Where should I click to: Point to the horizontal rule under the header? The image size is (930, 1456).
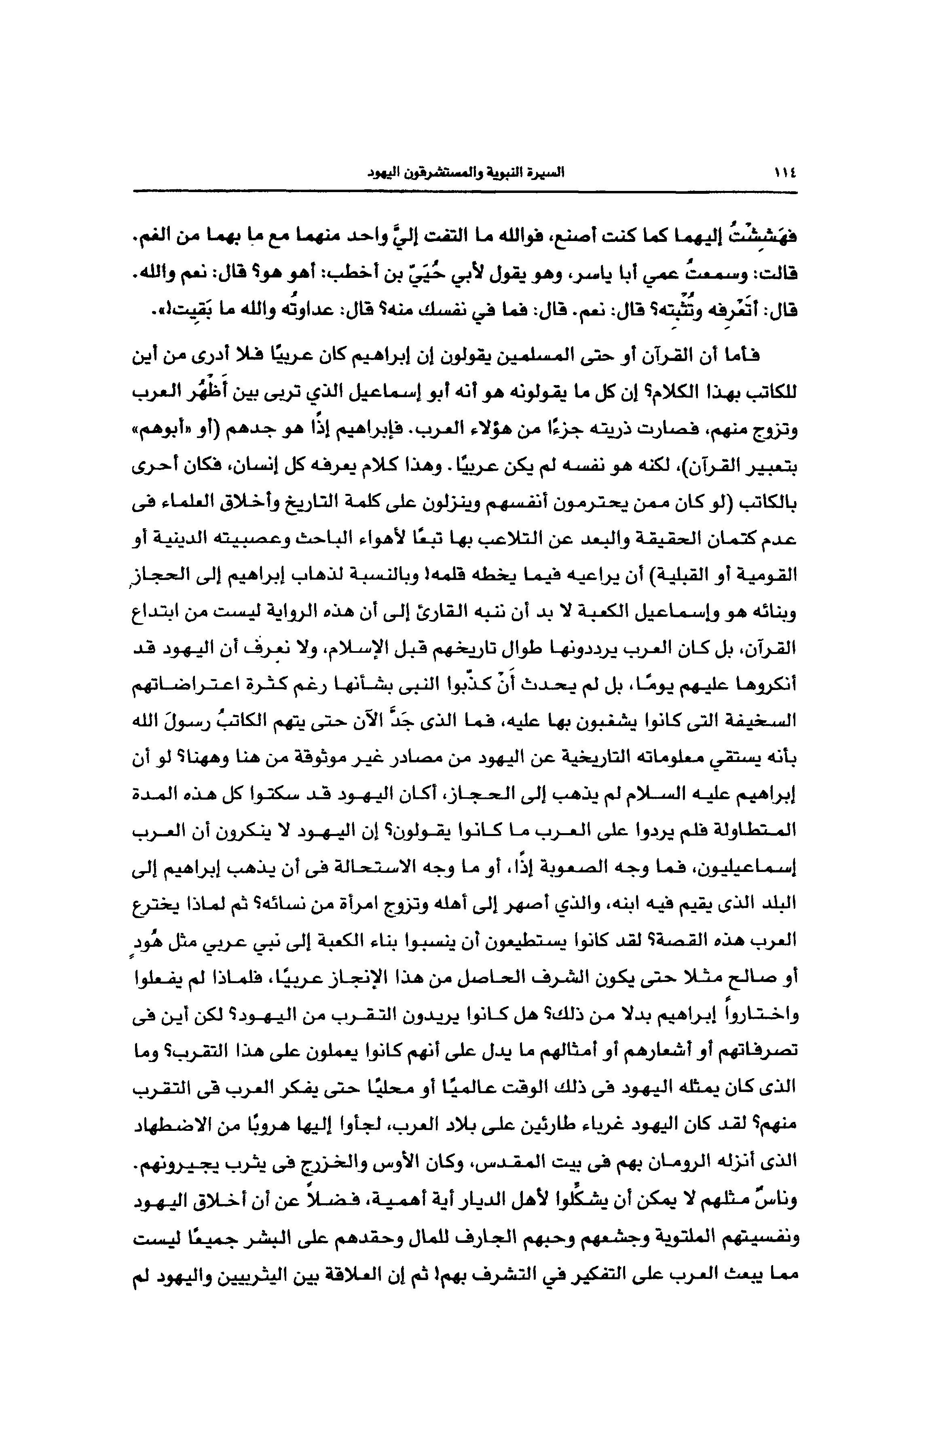[x=465, y=192]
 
